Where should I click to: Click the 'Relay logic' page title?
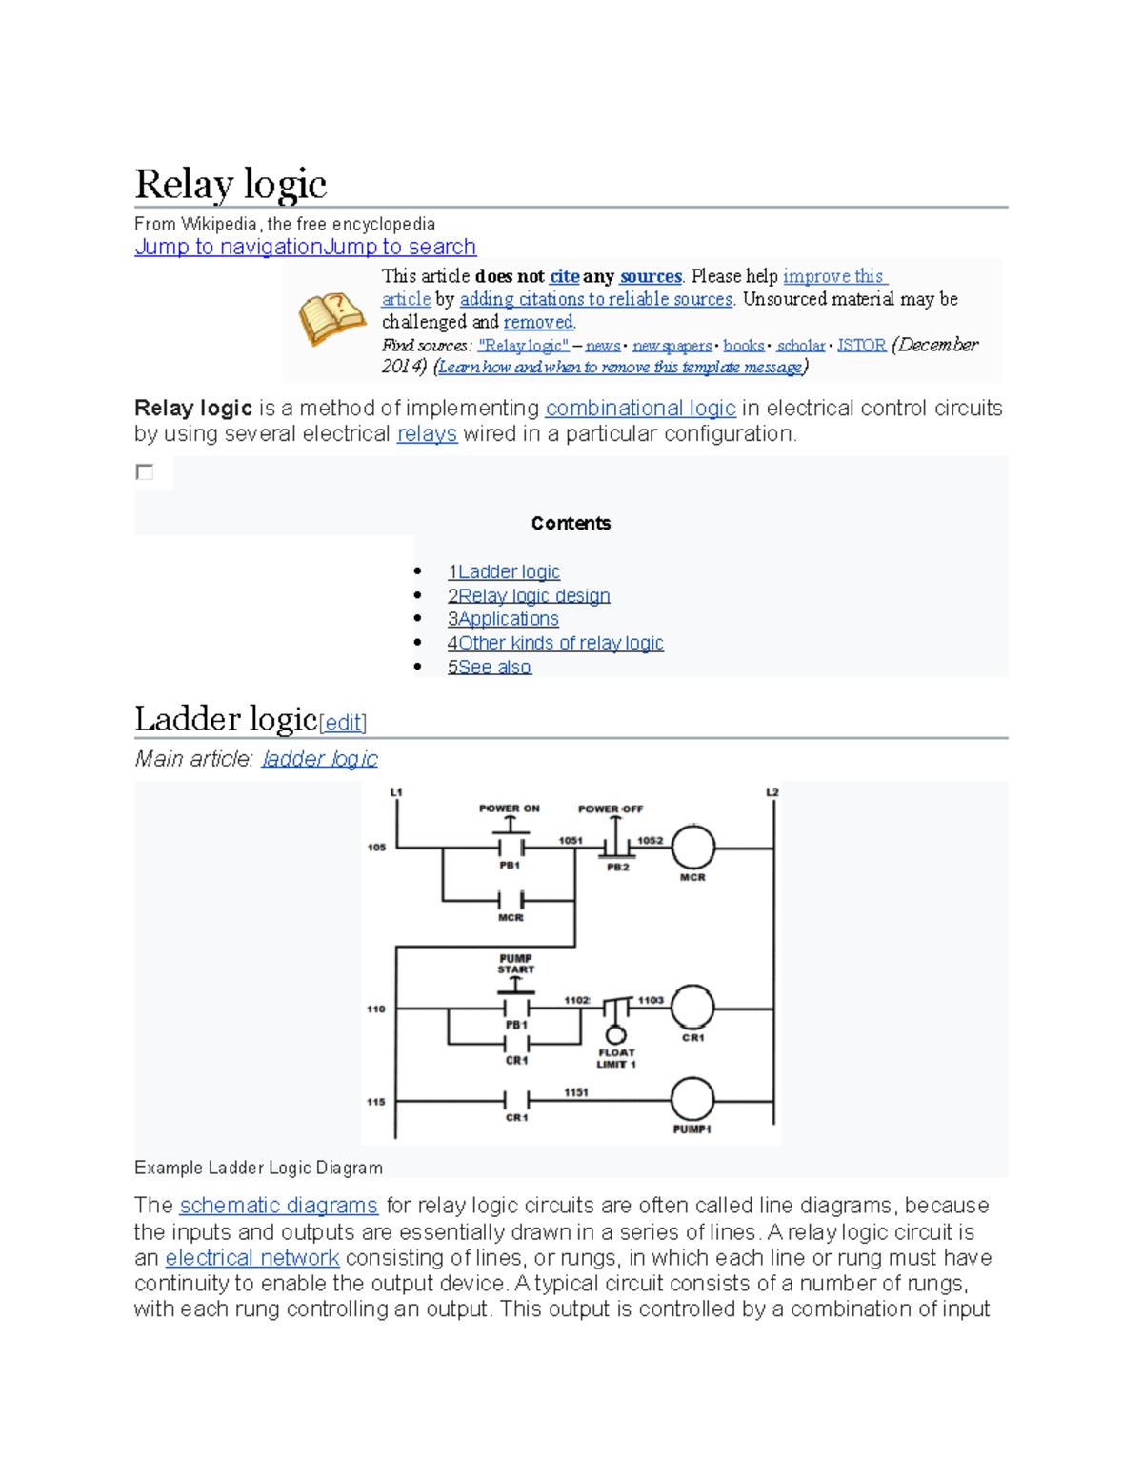coord(231,184)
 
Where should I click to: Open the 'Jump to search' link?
coord(400,247)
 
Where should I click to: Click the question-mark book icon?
coord(331,318)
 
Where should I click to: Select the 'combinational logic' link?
coord(640,409)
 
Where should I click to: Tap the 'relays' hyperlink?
coord(427,434)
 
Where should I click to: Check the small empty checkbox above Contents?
coord(145,472)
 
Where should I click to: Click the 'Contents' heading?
coord(571,523)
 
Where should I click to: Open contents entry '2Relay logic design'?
coord(529,596)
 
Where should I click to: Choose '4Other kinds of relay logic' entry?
coord(555,643)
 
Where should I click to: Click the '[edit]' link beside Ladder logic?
coord(343,723)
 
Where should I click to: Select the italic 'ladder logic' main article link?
coord(320,759)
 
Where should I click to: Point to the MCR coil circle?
coord(692,847)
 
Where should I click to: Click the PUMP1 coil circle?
coord(692,1100)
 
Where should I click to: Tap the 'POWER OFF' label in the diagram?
coord(611,809)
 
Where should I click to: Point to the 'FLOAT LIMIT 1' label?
coord(616,1058)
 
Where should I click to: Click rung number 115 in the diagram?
coord(376,1102)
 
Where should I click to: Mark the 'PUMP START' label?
coord(515,964)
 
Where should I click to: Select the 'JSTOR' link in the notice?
coord(861,345)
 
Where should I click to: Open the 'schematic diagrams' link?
coord(279,1206)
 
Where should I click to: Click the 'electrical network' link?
coord(252,1258)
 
